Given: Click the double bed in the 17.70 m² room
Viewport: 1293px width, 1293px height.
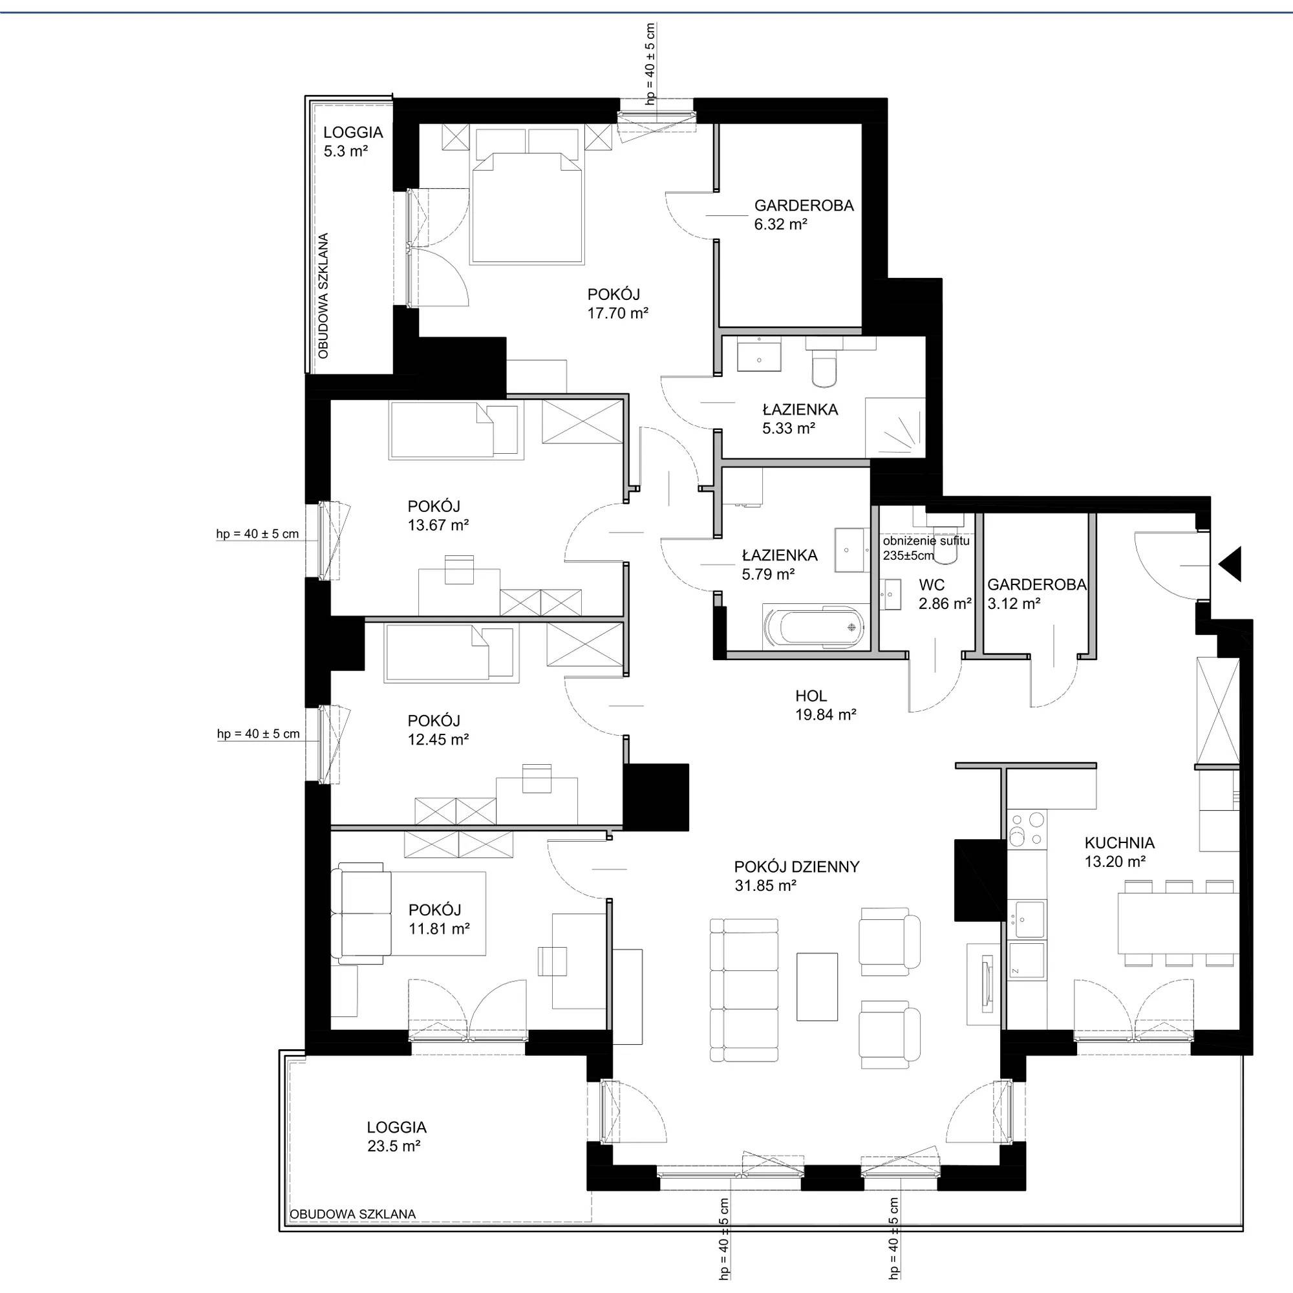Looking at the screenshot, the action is [526, 206].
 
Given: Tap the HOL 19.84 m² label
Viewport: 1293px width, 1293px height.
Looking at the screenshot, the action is [826, 705].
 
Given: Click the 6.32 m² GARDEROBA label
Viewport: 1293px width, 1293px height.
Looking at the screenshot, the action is [804, 215].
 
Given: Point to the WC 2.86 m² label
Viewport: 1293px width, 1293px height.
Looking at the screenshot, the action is [945, 594].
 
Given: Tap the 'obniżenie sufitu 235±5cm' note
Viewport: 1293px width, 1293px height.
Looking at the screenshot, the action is [926, 548].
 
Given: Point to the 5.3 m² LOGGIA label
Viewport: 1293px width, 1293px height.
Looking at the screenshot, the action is [353, 142].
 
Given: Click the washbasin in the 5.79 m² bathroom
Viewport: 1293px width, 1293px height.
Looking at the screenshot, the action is [851, 550].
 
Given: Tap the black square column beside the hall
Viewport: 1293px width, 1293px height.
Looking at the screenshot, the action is [656, 797].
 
